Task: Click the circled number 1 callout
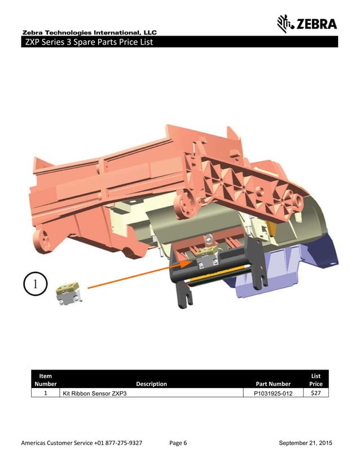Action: [36, 284]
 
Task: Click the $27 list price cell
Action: [315, 393]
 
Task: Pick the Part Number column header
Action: [273, 384]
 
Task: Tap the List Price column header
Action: [315, 380]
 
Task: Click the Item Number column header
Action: [46, 380]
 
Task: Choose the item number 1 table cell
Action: [45, 393]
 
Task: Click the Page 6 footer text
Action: [178, 443]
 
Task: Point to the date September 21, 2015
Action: [305, 443]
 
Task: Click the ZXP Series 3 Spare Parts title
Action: [87, 42]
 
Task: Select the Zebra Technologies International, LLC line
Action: [89, 32]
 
